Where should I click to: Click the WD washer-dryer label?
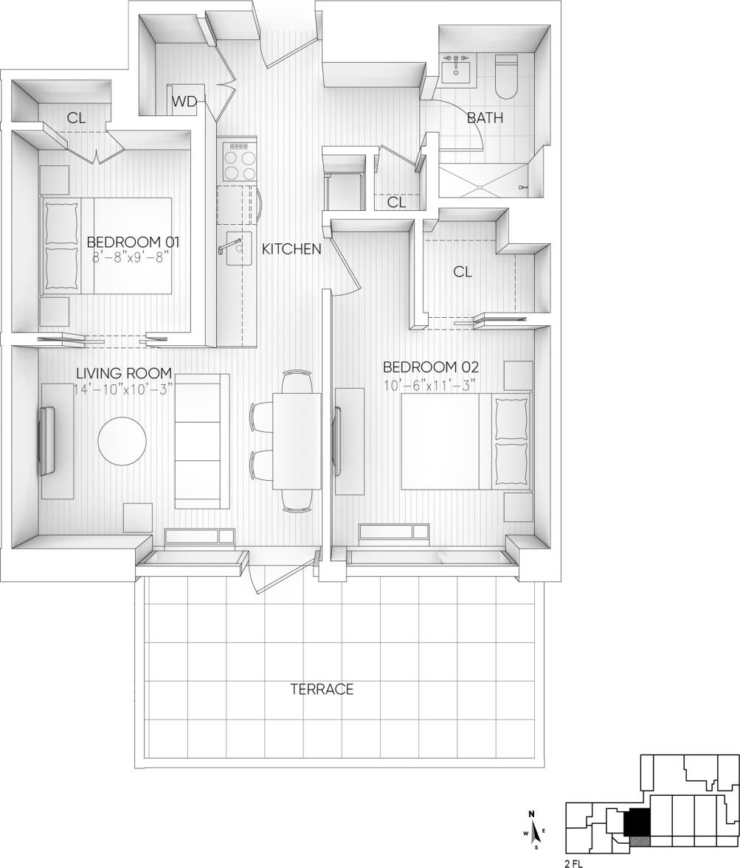coord(184,103)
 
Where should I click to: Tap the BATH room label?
coord(485,117)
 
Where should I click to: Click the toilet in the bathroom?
coord(507,77)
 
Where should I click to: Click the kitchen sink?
coord(238,251)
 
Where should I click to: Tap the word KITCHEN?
coord(291,249)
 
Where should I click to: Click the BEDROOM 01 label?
coord(133,242)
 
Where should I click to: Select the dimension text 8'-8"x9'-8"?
coord(131,257)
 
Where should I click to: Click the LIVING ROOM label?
coord(124,373)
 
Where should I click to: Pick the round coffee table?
coord(122,441)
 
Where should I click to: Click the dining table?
coord(297,441)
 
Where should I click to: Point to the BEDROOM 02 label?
coord(431,367)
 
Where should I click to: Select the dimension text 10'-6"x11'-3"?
coord(429,385)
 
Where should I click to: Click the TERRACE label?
coord(322,690)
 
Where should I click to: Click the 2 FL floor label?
coord(573,863)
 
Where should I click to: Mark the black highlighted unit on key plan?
coord(637,822)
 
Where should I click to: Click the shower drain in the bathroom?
coord(480,187)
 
